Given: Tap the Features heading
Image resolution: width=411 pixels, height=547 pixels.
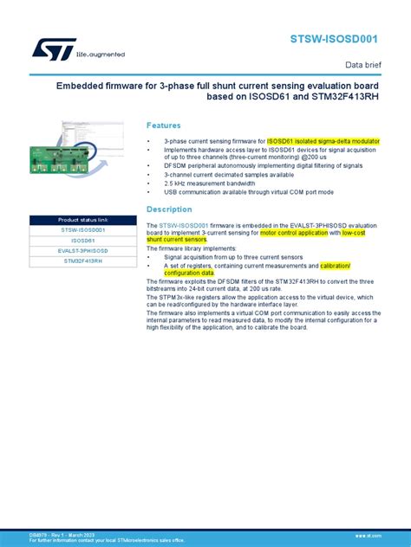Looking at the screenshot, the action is click(x=164, y=125).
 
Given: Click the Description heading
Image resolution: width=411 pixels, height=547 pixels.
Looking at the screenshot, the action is click(x=168, y=209).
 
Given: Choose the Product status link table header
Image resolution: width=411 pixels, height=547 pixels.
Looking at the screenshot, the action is click(x=82, y=220).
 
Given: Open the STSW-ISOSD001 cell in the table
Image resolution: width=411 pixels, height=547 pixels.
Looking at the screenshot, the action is click(x=82, y=230).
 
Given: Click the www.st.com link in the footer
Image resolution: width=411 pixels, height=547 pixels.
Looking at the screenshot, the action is click(x=387, y=536).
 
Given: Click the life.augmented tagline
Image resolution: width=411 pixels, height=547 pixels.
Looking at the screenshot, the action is click(x=101, y=55).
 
